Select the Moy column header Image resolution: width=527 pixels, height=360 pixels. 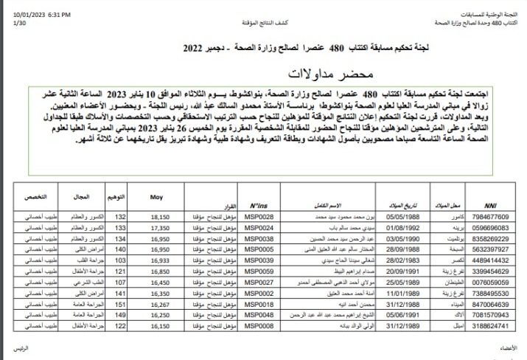click(156, 198)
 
